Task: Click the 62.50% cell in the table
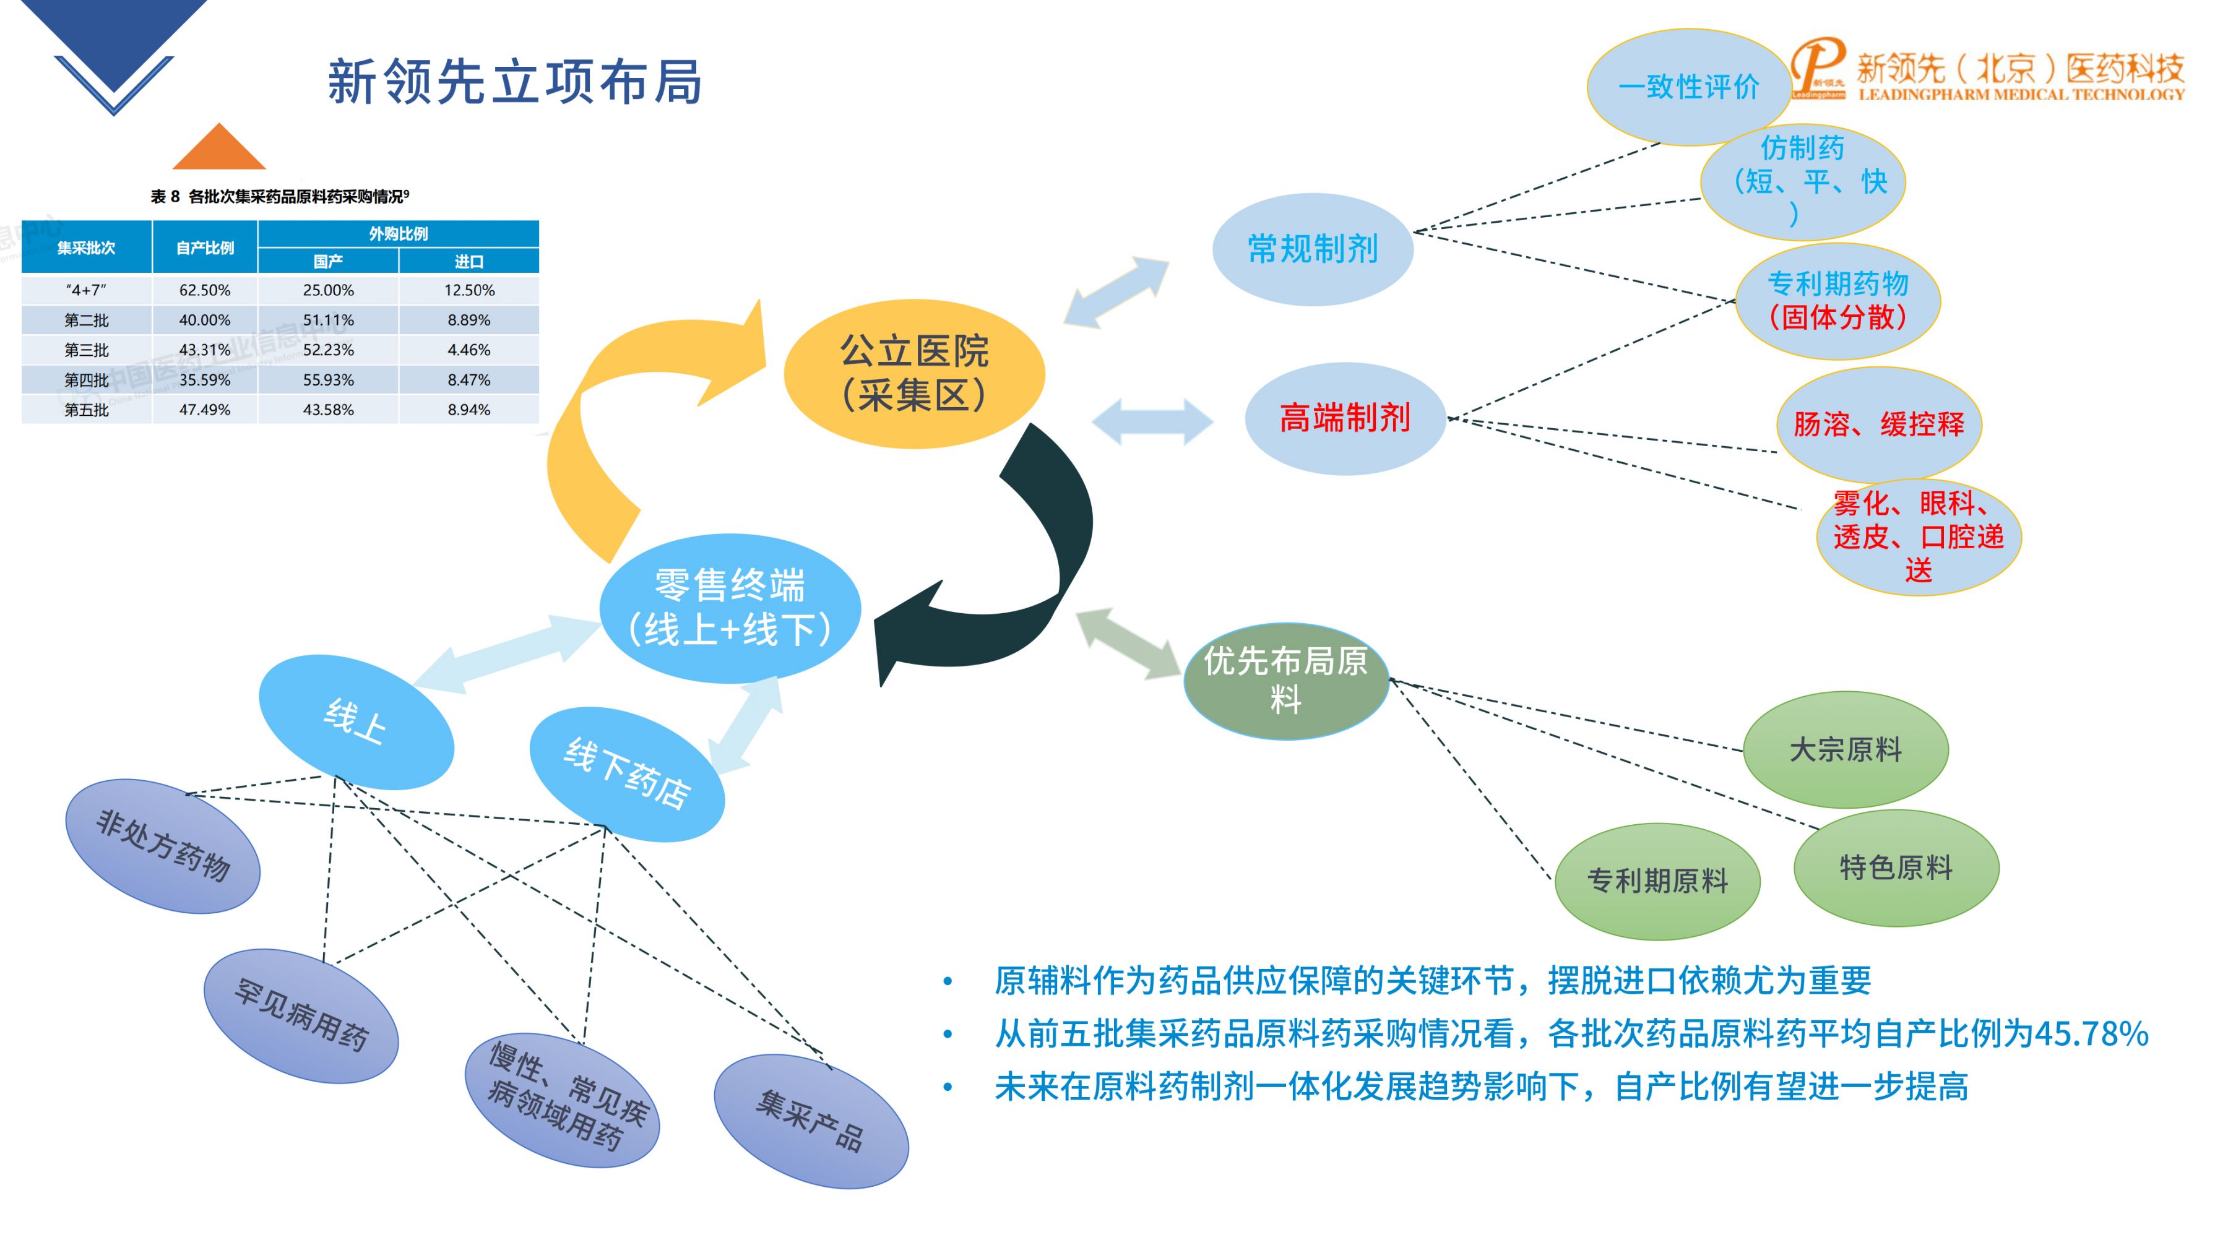(x=205, y=290)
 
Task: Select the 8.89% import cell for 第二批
(x=468, y=320)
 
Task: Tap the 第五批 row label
(x=87, y=410)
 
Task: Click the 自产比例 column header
(x=205, y=248)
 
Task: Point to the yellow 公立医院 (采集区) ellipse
(x=914, y=374)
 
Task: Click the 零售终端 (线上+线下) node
(x=730, y=607)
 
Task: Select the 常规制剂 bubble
(x=1312, y=249)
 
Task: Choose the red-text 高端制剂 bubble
(x=1345, y=418)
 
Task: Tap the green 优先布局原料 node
(x=1285, y=681)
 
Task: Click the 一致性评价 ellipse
(x=1688, y=87)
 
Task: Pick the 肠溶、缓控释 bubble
(x=1878, y=424)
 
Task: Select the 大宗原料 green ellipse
(x=1845, y=749)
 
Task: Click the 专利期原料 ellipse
(x=1657, y=881)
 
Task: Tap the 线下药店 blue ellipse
(x=627, y=774)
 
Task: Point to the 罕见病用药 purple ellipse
(x=301, y=1015)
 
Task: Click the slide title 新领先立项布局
(x=515, y=82)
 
